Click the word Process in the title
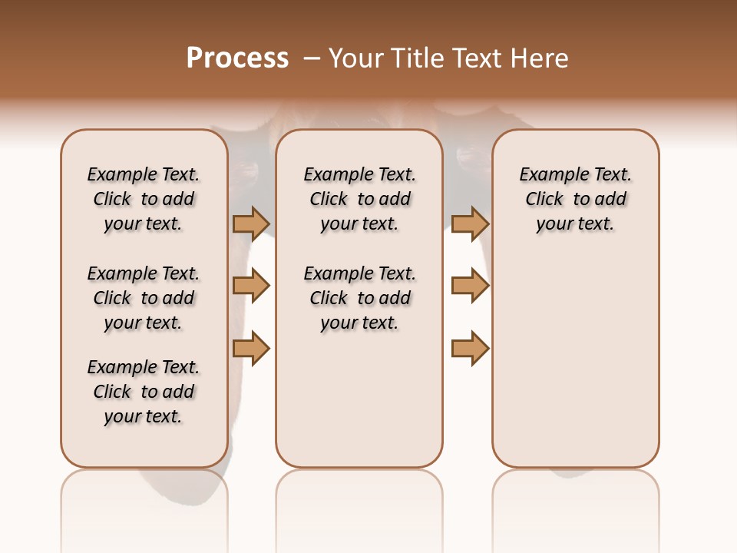237,58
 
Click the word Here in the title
540,58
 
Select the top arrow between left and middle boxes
251,224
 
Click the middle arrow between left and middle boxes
251,286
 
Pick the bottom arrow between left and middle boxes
251,349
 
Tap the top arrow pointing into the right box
470,224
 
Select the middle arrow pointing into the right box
470,286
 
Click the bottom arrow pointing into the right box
470,349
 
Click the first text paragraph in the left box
144,199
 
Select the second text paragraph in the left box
144,298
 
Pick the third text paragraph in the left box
144,392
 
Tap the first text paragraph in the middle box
359,199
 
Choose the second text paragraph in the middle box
359,298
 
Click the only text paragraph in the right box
575,199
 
